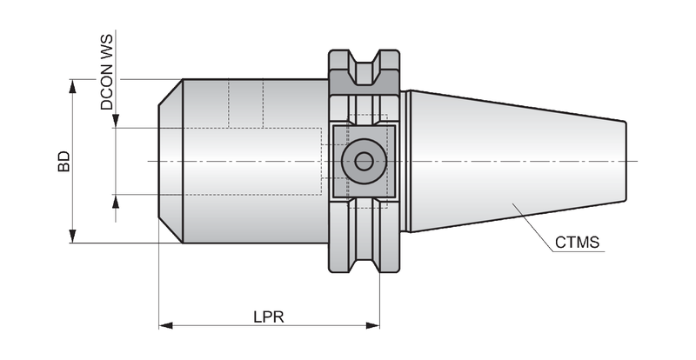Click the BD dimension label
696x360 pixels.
pos(64,162)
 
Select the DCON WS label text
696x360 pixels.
pos(107,72)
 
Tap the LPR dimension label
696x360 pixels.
pos(269,317)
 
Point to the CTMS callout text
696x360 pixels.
pos(577,243)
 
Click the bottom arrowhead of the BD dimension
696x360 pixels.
pos(73,237)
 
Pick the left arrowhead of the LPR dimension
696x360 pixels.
pos(166,326)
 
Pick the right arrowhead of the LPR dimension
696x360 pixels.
pos(373,326)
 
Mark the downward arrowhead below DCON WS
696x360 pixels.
pos(116,121)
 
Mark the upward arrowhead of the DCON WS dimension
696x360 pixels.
pos(116,202)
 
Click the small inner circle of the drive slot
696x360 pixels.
pos(364,161)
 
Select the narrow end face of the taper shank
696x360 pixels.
pos(626,161)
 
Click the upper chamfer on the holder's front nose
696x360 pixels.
pos(171,93)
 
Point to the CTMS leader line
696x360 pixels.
pos(532,227)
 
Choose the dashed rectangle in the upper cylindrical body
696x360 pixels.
pos(246,103)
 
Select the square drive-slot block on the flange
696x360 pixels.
pos(364,161)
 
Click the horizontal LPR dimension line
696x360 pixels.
pos(270,326)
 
